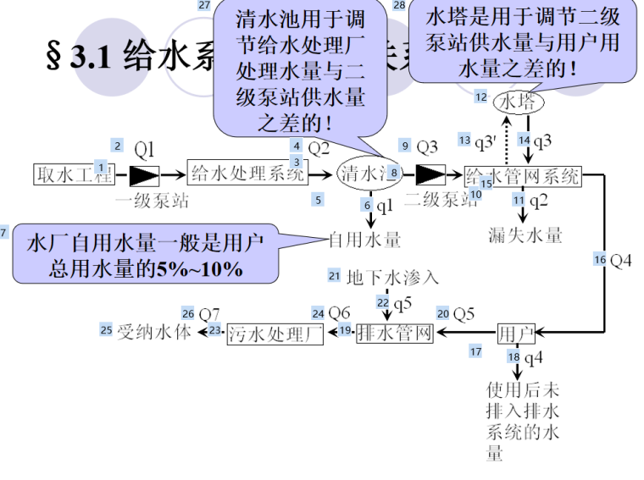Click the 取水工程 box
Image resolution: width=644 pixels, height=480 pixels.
pos(73,176)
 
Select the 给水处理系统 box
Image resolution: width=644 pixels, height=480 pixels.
pos(246,176)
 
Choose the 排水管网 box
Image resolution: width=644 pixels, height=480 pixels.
pos(395,334)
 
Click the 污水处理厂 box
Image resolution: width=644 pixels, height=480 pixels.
pos(275,334)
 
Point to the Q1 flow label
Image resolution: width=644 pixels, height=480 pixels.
pos(145,151)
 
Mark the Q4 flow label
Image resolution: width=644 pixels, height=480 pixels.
pos(620,261)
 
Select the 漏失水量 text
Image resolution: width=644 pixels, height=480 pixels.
pos(525,234)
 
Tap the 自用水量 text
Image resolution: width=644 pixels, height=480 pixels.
pos(364,240)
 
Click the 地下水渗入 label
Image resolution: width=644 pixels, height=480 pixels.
pos(392,277)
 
